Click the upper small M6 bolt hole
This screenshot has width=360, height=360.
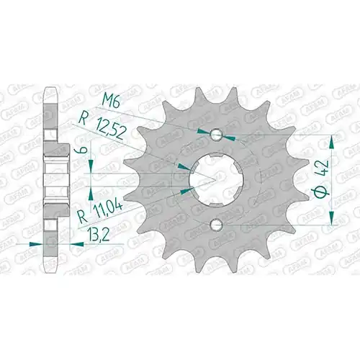(x=216, y=135)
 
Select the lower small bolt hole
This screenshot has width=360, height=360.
(x=216, y=225)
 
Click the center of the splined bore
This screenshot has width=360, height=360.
(x=216, y=179)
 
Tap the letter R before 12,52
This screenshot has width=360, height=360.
(x=82, y=120)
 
